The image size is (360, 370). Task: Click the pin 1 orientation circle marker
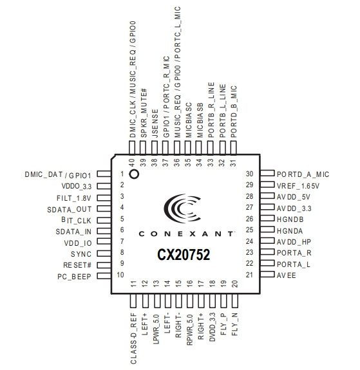(x=134, y=174)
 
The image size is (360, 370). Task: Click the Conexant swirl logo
(x=182, y=208)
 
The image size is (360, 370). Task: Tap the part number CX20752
(x=184, y=255)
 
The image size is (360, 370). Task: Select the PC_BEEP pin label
(x=74, y=276)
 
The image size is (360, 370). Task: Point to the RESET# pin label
(x=77, y=265)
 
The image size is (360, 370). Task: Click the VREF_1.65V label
(x=298, y=186)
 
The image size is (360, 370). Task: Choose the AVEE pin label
(x=287, y=275)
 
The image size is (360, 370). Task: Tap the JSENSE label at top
(x=155, y=124)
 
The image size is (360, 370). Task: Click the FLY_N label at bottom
(x=234, y=324)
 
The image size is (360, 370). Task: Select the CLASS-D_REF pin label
(x=133, y=338)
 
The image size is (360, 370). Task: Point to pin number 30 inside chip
(x=249, y=174)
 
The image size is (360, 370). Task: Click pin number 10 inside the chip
(x=120, y=275)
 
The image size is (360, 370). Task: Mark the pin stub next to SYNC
(x=104, y=253)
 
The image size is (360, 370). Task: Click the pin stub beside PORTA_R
(x=267, y=252)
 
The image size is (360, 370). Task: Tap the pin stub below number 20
(x=234, y=301)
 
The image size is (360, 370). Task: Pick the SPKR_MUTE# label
(x=144, y=113)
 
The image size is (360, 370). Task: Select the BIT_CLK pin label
(x=76, y=220)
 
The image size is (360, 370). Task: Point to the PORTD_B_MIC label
(x=233, y=111)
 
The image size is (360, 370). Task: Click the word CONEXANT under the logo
(x=187, y=234)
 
